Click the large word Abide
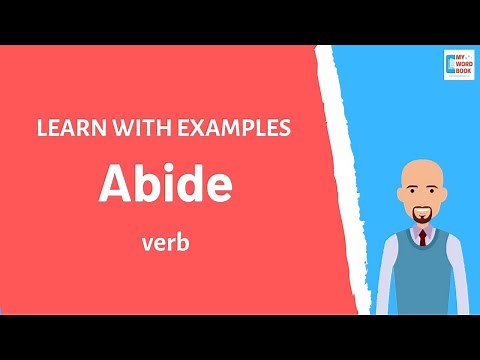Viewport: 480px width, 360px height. [164, 185]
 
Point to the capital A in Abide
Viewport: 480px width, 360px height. [115, 185]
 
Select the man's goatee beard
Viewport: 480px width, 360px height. [422, 216]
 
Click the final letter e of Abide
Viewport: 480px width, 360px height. [219, 188]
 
